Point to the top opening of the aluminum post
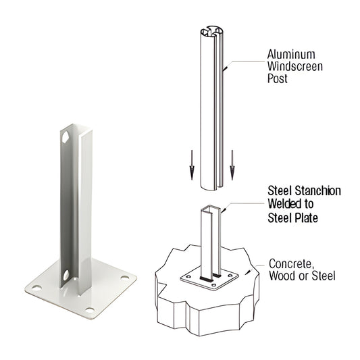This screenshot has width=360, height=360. (x=212, y=31)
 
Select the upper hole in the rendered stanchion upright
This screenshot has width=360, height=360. (x=66, y=137)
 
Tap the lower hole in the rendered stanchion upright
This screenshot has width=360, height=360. (x=66, y=276)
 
